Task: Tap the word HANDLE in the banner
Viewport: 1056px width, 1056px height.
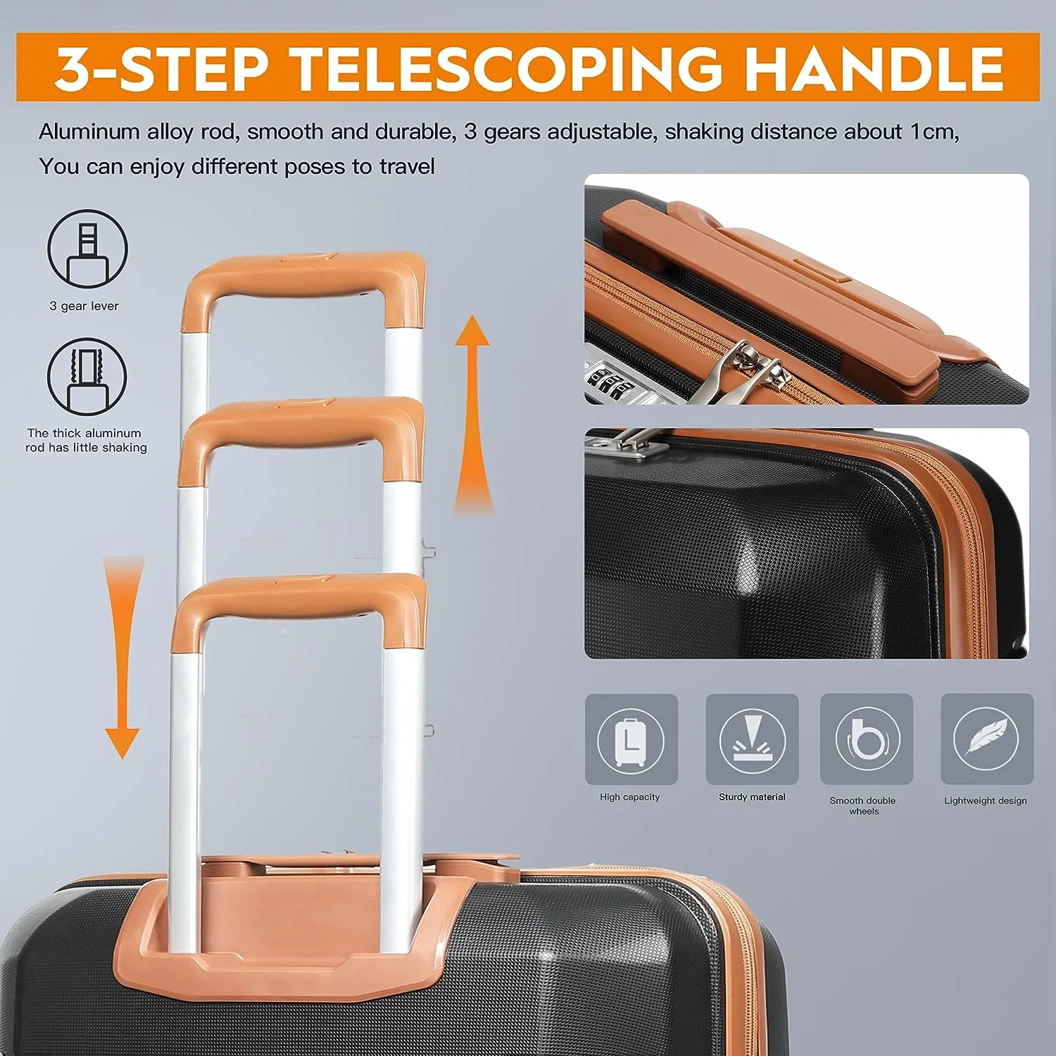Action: (874, 68)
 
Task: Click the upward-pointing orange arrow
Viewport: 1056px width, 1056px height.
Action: (472, 415)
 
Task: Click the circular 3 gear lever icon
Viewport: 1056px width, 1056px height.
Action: (87, 249)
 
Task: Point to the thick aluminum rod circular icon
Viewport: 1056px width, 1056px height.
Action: (87, 377)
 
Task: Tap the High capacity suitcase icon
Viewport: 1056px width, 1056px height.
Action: (631, 738)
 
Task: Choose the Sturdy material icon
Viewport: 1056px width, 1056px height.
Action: (752, 738)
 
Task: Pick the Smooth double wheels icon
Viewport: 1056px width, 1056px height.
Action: (867, 738)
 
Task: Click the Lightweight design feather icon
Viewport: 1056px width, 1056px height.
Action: (987, 738)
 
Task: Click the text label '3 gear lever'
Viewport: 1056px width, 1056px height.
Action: (84, 306)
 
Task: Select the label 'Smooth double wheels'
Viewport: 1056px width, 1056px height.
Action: (863, 805)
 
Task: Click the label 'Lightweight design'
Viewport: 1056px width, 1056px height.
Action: (986, 800)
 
